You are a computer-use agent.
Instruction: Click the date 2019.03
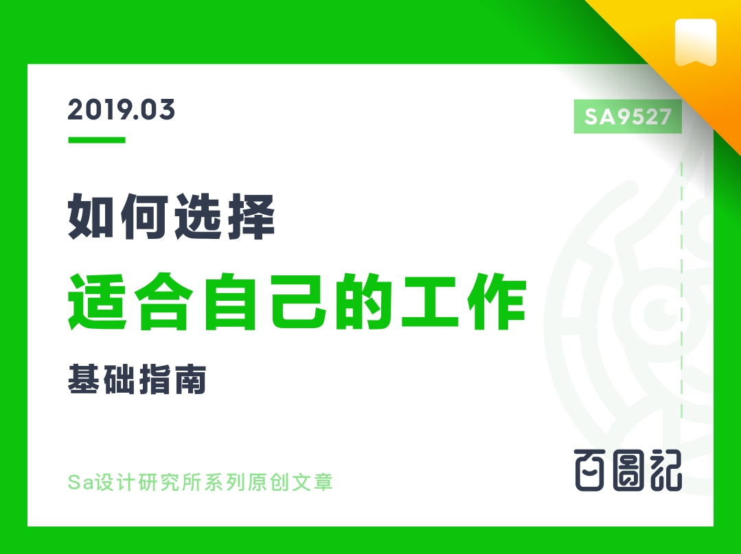point(122,110)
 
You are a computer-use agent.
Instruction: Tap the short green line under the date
point(96,140)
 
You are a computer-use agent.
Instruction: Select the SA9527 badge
point(628,116)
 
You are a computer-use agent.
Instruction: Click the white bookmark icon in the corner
point(696,43)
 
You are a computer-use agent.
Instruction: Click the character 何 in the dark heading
point(144,216)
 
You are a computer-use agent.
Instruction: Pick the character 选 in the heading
point(198,216)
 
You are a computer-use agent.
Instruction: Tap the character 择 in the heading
point(251,216)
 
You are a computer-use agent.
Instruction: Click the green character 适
point(98,301)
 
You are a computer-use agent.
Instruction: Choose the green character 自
point(231,301)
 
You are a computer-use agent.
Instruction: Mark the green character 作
point(497,301)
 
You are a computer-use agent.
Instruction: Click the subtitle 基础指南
point(137,379)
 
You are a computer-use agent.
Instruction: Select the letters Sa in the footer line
point(81,482)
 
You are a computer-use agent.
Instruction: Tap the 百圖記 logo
point(628,470)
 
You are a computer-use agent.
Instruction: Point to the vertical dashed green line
point(681,290)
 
